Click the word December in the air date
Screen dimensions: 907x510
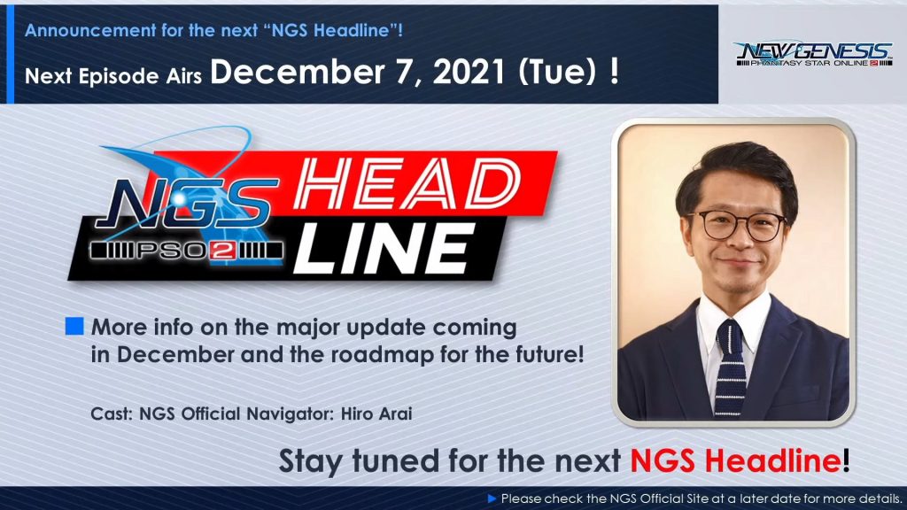point(297,73)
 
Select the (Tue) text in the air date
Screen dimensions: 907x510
point(557,73)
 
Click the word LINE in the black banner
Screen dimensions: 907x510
point(384,249)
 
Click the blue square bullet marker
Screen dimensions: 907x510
point(74,326)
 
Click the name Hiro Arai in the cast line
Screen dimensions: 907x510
point(376,414)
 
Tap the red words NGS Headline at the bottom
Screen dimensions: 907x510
point(735,460)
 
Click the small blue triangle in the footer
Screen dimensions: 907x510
point(492,498)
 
